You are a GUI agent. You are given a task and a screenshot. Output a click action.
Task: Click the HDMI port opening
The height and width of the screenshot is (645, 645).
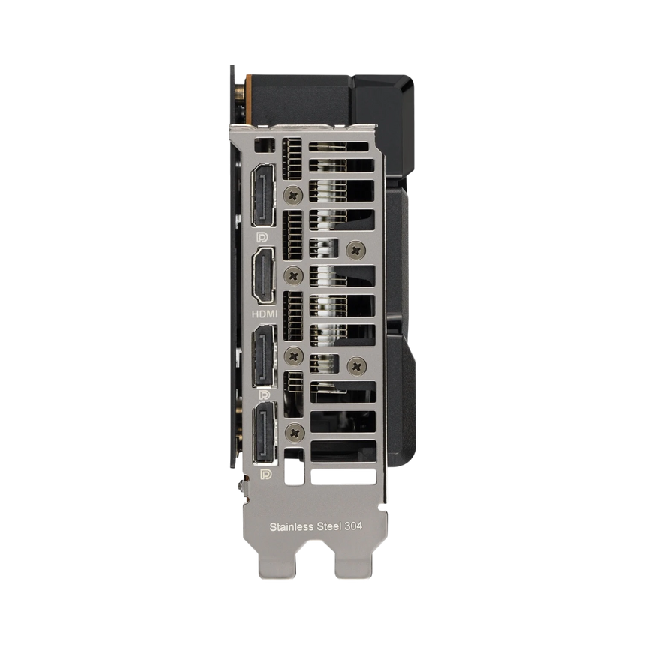point(264,274)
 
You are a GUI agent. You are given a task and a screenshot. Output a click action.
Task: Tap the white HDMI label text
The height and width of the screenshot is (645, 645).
point(264,313)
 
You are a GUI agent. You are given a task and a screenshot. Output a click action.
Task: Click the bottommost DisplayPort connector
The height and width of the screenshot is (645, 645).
point(264,433)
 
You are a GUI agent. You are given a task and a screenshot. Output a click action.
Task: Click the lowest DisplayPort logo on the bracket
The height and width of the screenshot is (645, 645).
point(264,475)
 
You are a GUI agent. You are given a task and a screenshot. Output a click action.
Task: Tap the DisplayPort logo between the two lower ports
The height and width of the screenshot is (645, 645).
point(264,394)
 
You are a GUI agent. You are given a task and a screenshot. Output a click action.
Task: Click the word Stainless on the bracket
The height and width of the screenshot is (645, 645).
point(292,526)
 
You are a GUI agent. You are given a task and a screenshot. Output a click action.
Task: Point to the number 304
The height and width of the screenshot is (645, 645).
point(353,526)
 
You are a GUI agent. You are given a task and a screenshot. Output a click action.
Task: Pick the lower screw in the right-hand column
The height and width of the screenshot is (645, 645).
point(355,365)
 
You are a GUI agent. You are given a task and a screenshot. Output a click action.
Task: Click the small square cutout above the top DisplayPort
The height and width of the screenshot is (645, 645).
point(262,145)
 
